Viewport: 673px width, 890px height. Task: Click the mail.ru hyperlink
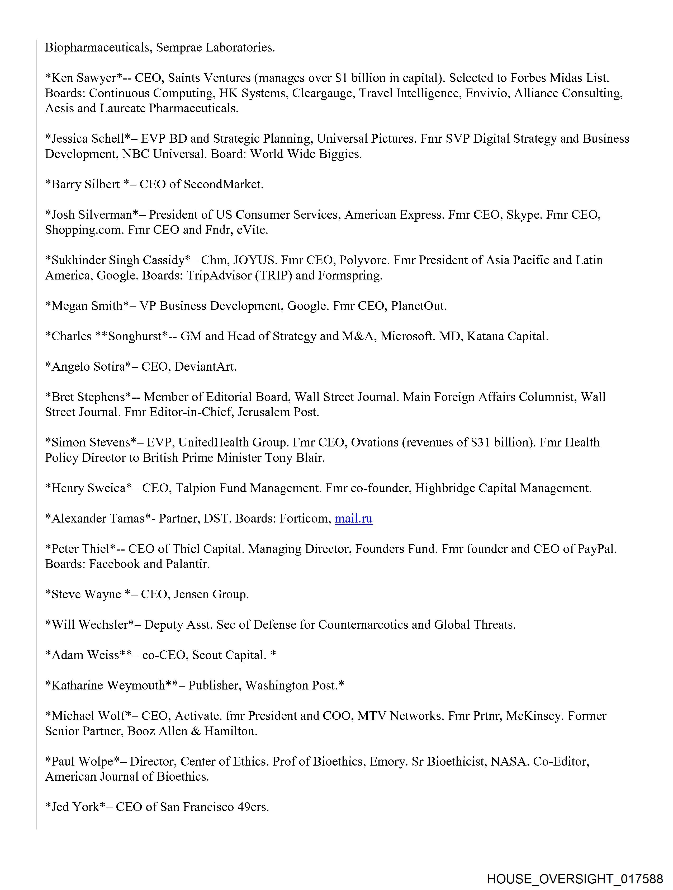pyautogui.click(x=353, y=519)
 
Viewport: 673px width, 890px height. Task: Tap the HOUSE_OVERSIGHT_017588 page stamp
pyautogui.click(x=575, y=878)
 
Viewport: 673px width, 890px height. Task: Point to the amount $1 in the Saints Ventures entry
pyautogui.click(x=341, y=78)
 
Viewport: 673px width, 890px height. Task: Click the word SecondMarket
pyautogui.click(x=223, y=184)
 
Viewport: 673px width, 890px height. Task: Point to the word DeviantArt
pyautogui.click(x=205, y=367)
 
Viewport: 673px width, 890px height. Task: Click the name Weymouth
pyautogui.click(x=136, y=686)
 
